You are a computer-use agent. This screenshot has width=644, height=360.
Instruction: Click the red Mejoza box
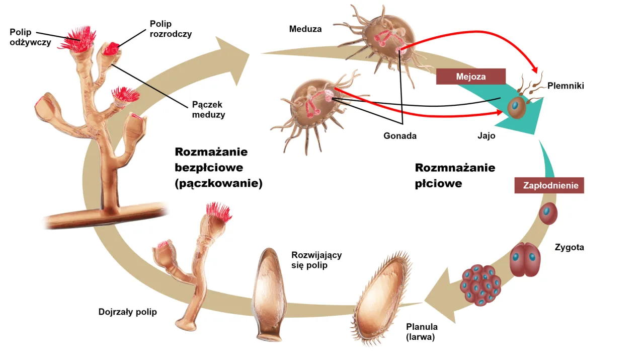pyautogui.click(x=470, y=77)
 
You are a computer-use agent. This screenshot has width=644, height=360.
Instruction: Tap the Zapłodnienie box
pyautogui.click(x=549, y=185)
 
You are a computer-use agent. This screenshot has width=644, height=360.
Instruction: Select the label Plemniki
pyautogui.click(x=566, y=86)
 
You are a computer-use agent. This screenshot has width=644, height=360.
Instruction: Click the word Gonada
pyautogui.click(x=400, y=135)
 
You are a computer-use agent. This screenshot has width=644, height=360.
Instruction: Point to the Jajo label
pyautogui.click(x=487, y=135)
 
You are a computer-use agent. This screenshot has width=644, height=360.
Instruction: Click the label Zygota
pyautogui.click(x=569, y=247)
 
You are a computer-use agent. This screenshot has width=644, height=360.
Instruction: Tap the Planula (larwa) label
pyautogui.click(x=422, y=331)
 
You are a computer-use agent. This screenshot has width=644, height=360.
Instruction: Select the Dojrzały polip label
pyautogui.click(x=127, y=312)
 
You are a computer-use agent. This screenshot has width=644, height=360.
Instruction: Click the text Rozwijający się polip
pyautogui.click(x=316, y=260)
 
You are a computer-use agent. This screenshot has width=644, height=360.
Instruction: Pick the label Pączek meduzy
pyautogui.click(x=208, y=109)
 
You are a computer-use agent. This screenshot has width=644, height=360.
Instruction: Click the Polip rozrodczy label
pyautogui.click(x=171, y=29)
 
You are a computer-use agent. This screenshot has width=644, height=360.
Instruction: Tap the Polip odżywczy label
pyautogui.click(x=30, y=37)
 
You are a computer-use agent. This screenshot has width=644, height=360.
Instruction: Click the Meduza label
pyautogui.click(x=305, y=29)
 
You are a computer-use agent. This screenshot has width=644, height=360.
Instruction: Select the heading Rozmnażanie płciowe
pyautogui.click(x=455, y=175)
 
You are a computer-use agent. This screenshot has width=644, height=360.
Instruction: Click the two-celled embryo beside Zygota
pyautogui.click(x=525, y=260)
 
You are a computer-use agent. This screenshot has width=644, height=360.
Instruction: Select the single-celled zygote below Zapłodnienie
pyautogui.click(x=548, y=213)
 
